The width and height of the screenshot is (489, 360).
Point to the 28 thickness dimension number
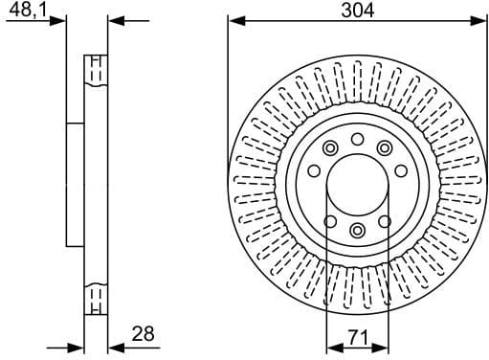tap(144, 334)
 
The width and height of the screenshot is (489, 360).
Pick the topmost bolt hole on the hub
tap(357, 140)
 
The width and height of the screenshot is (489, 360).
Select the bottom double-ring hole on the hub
tap(357, 230)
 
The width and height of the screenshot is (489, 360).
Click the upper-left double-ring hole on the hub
tap(330, 147)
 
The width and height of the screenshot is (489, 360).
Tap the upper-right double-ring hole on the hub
tap(385, 147)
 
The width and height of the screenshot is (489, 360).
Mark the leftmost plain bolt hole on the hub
tap(313, 171)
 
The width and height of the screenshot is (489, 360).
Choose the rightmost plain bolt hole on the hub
tap(401, 171)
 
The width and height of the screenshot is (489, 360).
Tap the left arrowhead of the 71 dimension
tap(331, 347)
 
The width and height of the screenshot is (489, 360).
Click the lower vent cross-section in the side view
tap(94, 300)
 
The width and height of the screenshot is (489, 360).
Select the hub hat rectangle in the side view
tap(75, 185)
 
